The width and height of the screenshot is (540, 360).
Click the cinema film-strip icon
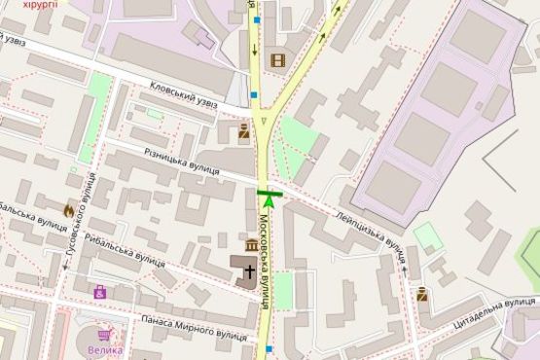pos(278,60)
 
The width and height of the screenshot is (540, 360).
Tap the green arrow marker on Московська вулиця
pos(269,198)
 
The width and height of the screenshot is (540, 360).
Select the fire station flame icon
pos(69,210)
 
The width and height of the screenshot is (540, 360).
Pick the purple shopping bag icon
pos(99,291)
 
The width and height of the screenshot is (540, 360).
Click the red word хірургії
pos(40,5)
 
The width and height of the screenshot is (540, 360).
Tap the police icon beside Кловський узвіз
pos(243,131)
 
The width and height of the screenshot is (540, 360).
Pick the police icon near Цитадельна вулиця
pos(422,294)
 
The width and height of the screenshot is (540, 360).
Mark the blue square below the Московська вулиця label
pos(268,346)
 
